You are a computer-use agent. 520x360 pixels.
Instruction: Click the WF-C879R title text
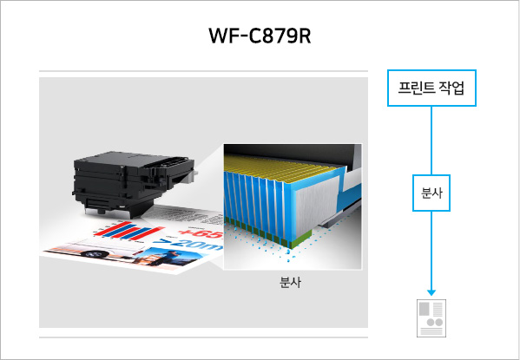click(260, 36)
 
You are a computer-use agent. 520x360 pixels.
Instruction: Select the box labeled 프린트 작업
click(431, 88)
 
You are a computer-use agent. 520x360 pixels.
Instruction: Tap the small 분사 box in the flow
click(431, 193)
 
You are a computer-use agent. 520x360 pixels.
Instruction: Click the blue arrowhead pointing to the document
click(431, 292)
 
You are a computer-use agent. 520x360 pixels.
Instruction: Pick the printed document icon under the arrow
click(431, 318)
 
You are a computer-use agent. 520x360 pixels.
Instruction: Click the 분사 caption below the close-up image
click(290, 283)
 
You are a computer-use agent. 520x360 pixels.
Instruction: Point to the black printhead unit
click(133, 183)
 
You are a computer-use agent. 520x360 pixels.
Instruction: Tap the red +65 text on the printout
click(201, 233)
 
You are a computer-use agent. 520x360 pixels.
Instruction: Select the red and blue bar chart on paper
click(128, 231)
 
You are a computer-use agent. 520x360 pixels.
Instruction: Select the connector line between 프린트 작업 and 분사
click(431, 141)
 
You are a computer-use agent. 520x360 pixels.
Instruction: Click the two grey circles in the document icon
click(434, 322)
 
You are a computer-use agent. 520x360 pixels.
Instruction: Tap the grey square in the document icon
click(423, 309)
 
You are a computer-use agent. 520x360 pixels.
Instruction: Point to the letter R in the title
click(305, 36)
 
